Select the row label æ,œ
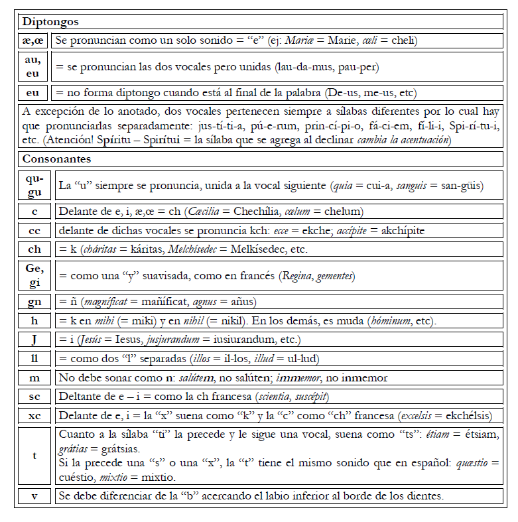click(34, 40)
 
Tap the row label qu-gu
click(34, 186)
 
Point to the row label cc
click(34, 231)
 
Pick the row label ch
click(34, 249)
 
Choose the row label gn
click(34, 302)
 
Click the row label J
click(34, 340)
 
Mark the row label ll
click(34, 359)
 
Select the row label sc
click(34, 397)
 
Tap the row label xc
click(34, 416)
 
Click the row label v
click(34, 496)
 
